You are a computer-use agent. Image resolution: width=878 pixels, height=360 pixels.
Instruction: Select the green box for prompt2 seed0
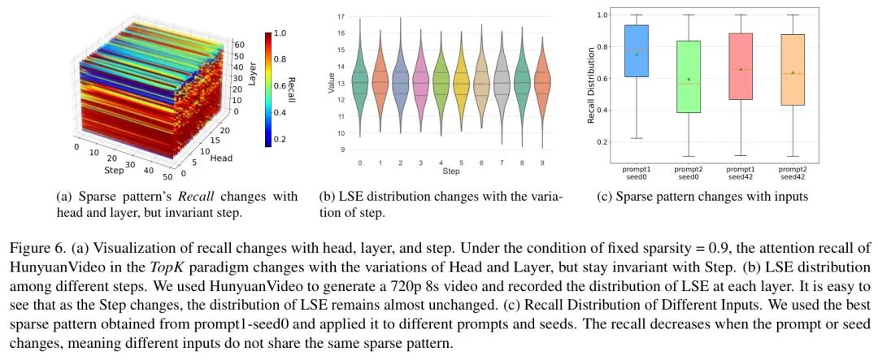pos(689,76)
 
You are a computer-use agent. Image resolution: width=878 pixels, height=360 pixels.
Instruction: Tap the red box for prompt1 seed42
pos(741,67)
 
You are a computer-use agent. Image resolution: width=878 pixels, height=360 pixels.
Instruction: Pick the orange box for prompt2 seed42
pos(793,69)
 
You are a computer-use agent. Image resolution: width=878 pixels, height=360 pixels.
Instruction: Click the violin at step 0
pos(360,82)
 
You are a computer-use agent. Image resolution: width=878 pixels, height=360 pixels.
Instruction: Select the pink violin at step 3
pos(420,82)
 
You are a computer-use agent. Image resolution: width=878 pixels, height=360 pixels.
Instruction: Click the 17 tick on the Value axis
pos(341,17)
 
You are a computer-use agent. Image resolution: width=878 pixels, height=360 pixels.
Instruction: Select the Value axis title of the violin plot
pos(331,83)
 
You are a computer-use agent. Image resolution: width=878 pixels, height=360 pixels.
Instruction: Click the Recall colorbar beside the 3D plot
pos(269,89)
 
